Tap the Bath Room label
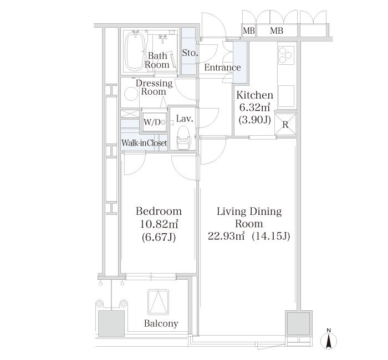coord(157,60)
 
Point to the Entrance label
coord(222,68)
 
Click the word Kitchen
coord(254,95)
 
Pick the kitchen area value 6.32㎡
coord(254,107)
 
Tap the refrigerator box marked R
coord(285,124)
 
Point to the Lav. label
coord(184,119)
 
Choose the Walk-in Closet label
coord(144,143)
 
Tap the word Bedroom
coord(159,211)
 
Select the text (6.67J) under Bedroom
coord(158,237)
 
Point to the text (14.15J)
coord(270,236)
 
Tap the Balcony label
coord(161,323)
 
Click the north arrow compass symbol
coord(329,340)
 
